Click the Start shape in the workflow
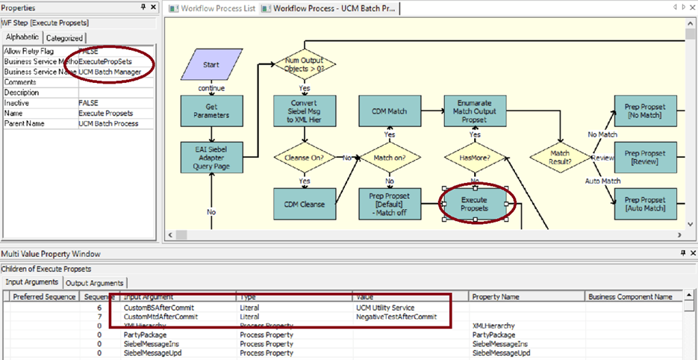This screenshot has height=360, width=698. (210, 65)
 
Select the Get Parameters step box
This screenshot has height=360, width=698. (211, 111)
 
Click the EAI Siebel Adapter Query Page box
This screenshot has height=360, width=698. (211, 157)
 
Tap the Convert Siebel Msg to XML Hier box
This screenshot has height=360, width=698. (305, 111)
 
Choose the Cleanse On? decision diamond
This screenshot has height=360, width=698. (305, 158)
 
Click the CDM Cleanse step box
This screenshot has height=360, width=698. (305, 204)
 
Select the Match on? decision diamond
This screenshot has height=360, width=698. (390, 158)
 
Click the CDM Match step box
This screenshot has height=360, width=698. (390, 111)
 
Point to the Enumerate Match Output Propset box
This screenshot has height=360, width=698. (475, 111)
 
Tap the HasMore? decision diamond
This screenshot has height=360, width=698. (475, 158)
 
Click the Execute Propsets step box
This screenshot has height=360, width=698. (475, 204)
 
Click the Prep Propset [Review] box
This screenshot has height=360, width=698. (646, 157)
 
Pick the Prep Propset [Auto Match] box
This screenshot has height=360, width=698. (646, 204)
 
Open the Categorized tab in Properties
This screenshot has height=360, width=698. (65, 38)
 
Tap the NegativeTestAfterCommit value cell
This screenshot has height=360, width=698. (395, 317)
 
